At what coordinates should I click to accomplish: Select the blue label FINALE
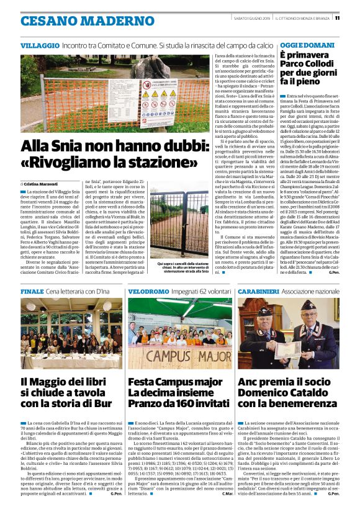[32, 291]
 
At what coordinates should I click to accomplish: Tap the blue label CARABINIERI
[259, 291]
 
